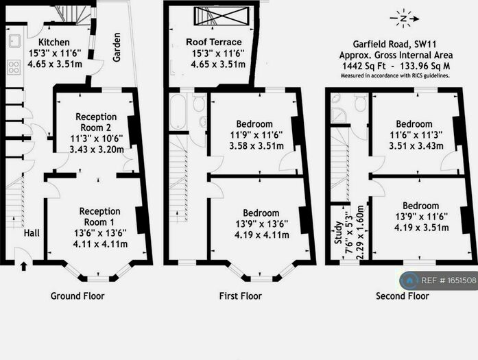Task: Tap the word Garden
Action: click(x=117, y=47)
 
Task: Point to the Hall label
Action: click(x=31, y=234)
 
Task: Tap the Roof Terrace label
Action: click(x=214, y=43)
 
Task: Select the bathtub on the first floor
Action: click(x=178, y=112)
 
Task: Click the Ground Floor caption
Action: click(x=77, y=296)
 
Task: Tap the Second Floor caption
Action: click(x=402, y=296)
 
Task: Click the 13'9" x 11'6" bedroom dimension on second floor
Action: click(x=421, y=217)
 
